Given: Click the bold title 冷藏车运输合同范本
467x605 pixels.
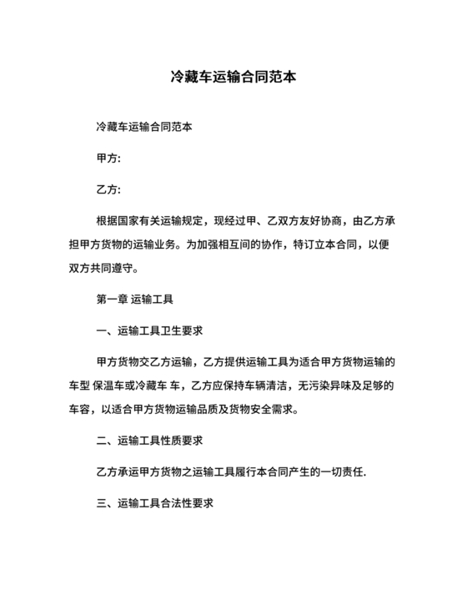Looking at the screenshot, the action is tap(233, 77).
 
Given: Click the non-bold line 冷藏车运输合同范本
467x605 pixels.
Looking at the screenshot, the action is tap(146, 129).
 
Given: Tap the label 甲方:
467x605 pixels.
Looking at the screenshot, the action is tap(110, 158).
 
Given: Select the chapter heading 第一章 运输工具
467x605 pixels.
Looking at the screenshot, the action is tap(135, 298).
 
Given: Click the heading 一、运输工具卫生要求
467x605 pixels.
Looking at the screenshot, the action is tap(151, 330).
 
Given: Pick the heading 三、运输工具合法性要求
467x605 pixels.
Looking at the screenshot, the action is tap(157, 503).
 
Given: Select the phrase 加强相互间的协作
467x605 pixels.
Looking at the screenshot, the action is tap(247, 245).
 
